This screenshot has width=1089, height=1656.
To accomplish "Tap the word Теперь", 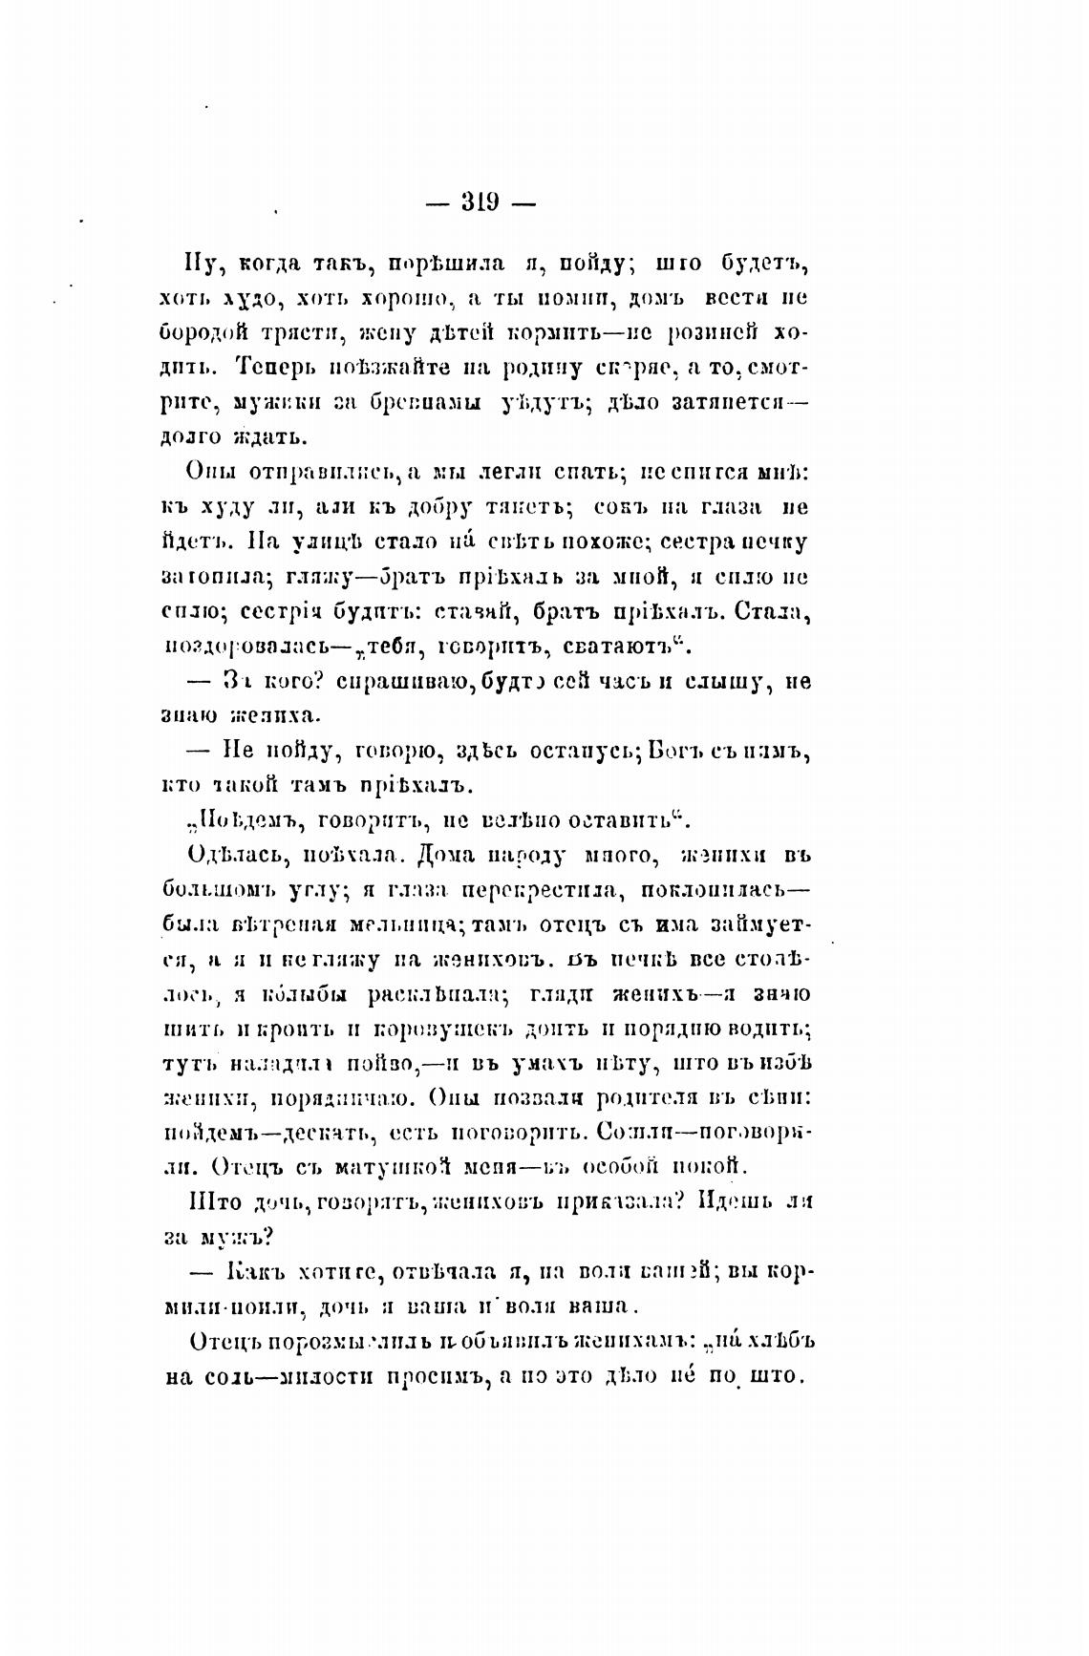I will (x=279, y=367).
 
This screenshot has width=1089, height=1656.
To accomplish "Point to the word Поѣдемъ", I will (x=216, y=819).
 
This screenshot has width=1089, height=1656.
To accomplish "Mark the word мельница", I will (x=379, y=924).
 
